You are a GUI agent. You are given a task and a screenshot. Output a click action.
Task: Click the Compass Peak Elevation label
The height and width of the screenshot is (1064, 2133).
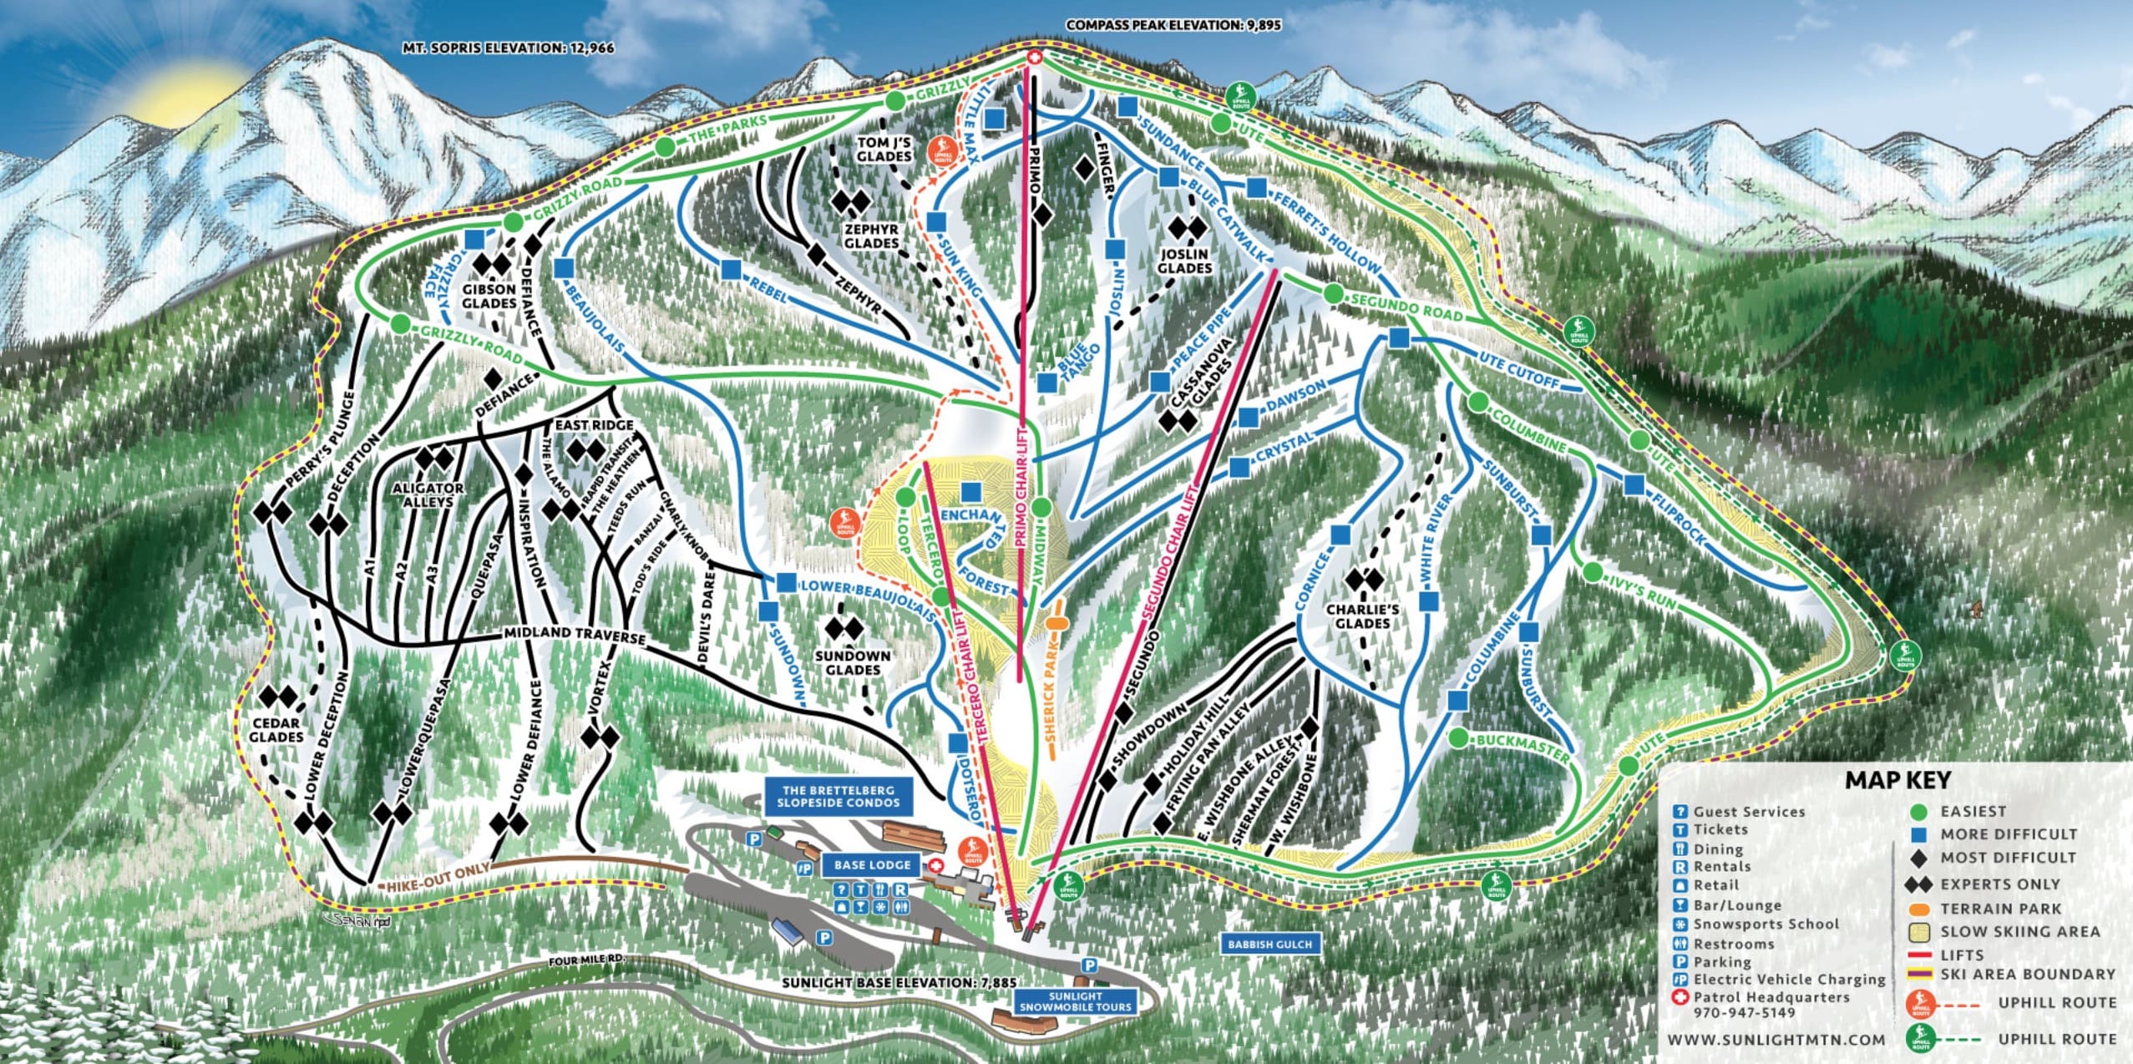(x=1173, y=25)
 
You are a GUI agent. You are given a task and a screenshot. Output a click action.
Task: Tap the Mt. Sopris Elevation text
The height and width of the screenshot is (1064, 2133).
(x=508, y=48)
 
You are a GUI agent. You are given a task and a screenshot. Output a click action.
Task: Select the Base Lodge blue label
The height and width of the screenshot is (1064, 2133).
(x=872, y=864)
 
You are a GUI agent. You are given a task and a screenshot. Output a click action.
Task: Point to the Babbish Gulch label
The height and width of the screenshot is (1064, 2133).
(x=1269, y=945)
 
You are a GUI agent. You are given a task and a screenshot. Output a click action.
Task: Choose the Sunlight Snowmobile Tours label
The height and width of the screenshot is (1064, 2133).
(x=1075, y=1001)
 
